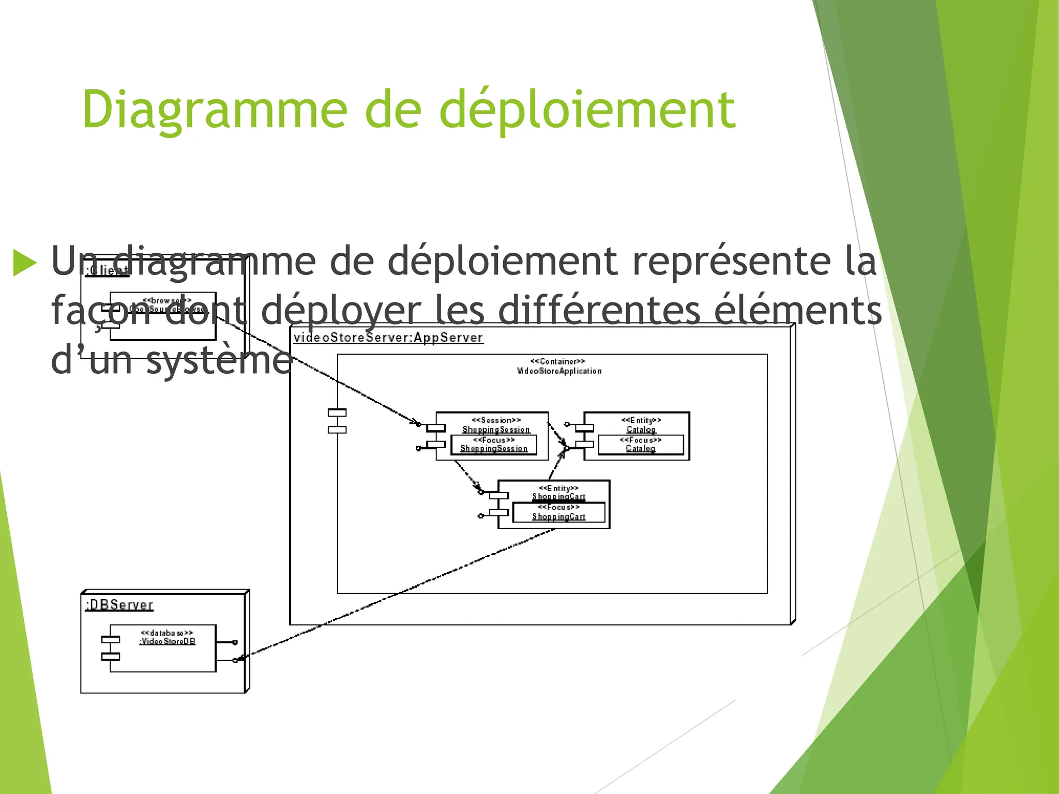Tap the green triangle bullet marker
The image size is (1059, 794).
[x=24, y=263]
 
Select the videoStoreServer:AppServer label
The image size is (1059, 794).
[x=388, y=338]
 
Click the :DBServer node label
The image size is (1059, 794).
[x=119, y=605]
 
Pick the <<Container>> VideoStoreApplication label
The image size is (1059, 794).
[x=558, y=366]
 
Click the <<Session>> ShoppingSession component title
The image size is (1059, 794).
[x=496, y=425]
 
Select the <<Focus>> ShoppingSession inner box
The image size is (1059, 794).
[x=494, y=445]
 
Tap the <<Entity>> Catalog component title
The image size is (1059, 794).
[x=641, y=425]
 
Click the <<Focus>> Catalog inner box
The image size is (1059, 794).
[x=641, y=445]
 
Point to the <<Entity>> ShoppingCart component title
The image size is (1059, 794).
[x=558, y=493]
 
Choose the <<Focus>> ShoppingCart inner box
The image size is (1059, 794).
[x=558, y=512]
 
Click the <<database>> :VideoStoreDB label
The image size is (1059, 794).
[x=167, y=637]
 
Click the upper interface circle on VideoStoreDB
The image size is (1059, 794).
[x=235, y=643]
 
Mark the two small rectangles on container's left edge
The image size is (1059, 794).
[x=337, y=421]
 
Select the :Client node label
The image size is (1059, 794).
[x=107, y=270]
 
